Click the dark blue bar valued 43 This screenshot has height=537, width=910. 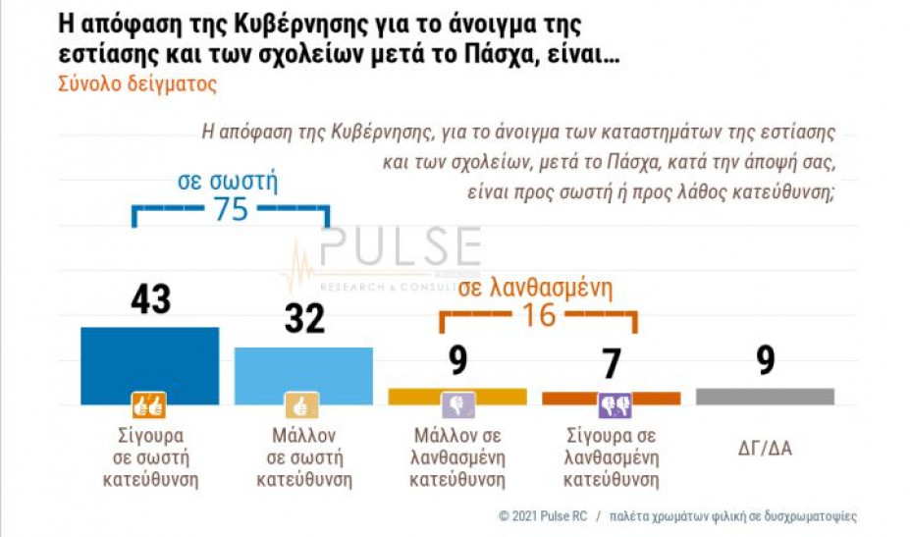[x=149, y=364]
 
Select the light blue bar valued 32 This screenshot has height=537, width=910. [x=303, y=375]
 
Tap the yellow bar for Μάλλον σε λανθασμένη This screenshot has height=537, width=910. [x=457, y=396]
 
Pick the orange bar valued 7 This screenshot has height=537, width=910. [x=611, y=398]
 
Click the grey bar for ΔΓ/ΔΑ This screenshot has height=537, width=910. [x=765, y=396]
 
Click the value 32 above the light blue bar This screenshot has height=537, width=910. [x=303, y=319]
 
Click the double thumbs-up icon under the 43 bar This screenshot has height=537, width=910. [x=149, y=405]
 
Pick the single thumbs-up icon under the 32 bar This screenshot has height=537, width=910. [x=302, y=405]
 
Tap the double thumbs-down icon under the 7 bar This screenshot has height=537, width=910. [x=614, y=405]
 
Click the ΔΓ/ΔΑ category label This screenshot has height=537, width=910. [x=765, y=450]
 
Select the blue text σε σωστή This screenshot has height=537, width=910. [x=228, y=182]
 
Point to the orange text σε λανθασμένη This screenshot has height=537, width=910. [x=535, y=288]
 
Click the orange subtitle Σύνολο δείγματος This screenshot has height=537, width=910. [x=136, y=83]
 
